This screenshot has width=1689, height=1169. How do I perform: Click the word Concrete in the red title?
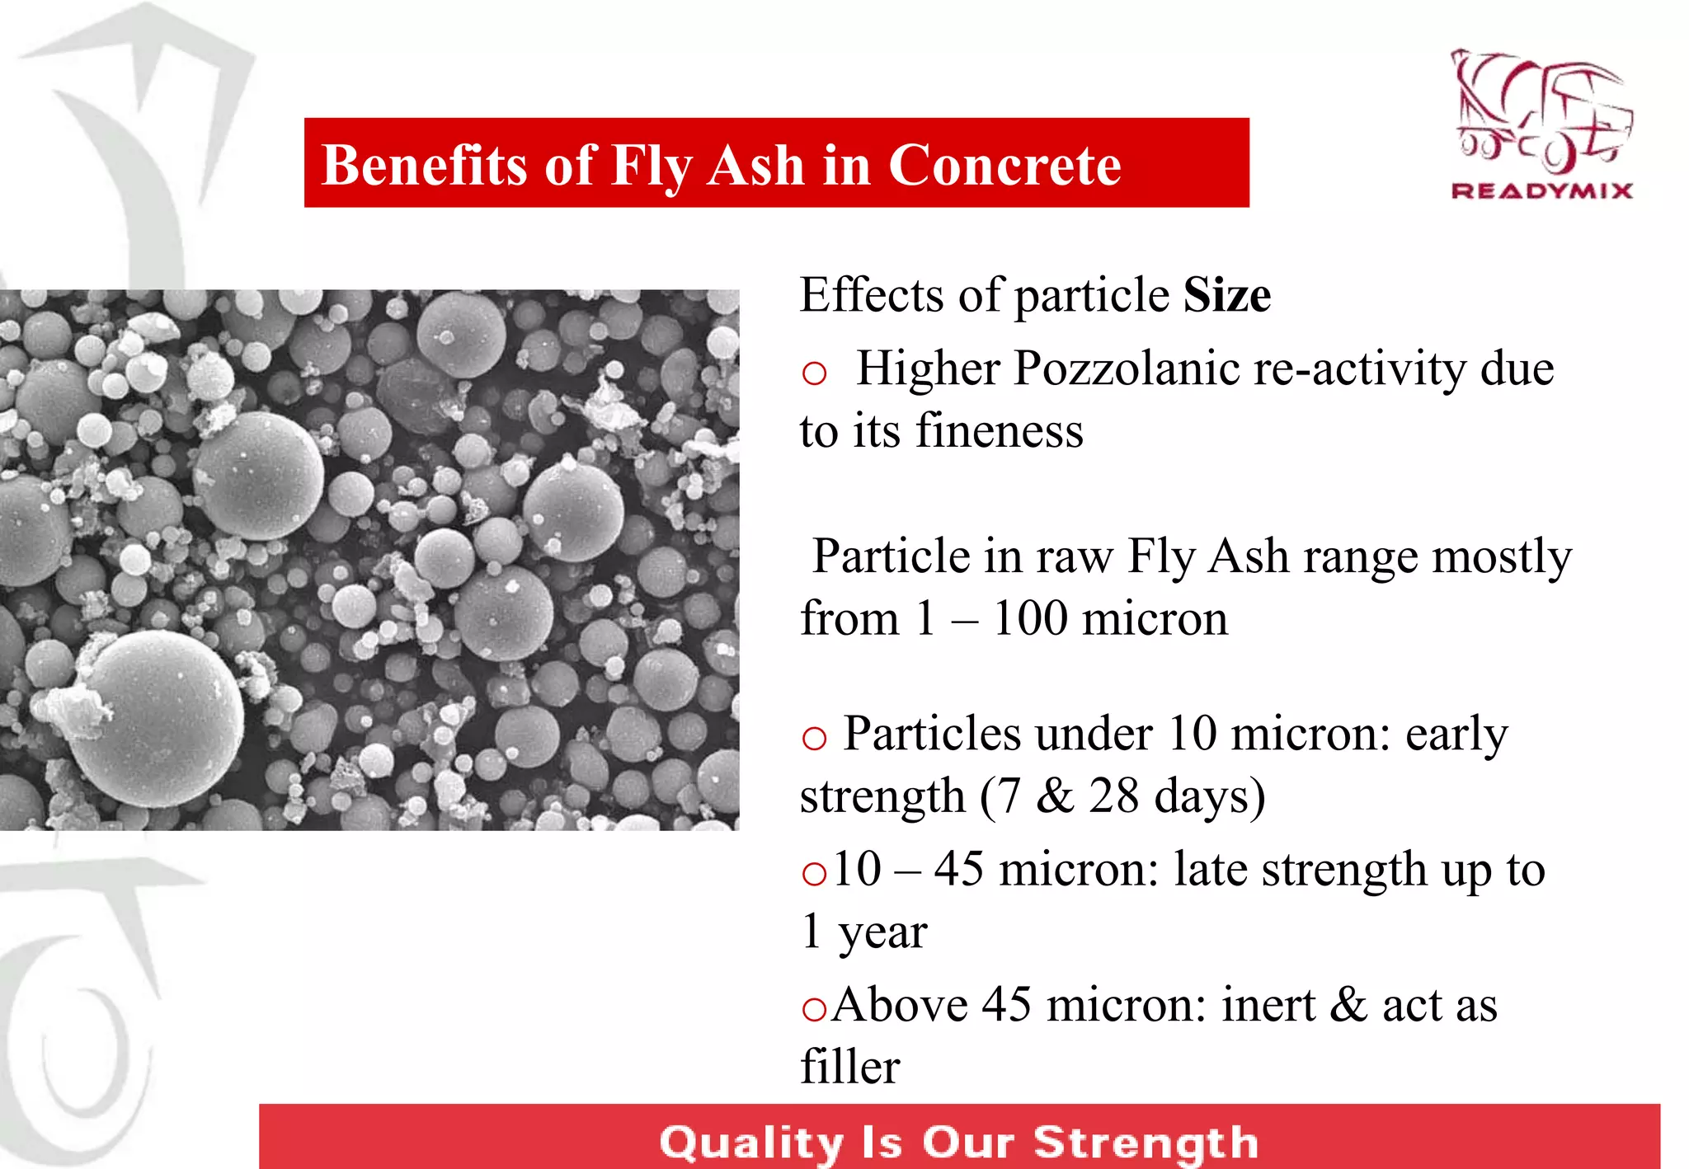tap(1004, 165)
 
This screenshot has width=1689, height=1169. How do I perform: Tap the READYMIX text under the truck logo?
tap(1541, 191)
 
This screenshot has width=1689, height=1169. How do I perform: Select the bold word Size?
tap(1226, 295)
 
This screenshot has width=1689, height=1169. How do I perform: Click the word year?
tap(882, 933)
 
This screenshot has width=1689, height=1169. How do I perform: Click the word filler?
tap(849, 1067)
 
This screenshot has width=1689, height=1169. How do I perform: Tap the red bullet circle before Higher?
tap(814, 373)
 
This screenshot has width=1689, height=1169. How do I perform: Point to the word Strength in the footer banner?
tap(1146, 1143)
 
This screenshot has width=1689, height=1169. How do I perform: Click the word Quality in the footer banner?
tap(751, 1143)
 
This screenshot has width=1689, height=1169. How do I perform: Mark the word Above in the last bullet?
tap(899, 1005)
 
